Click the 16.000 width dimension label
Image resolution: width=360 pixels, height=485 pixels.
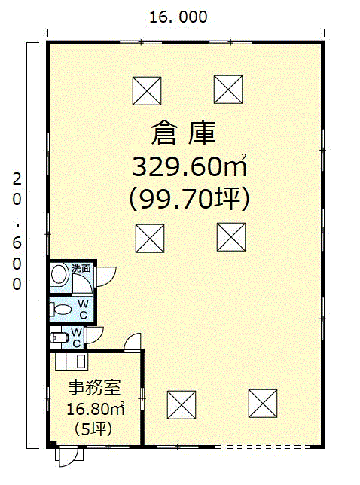[x=178, y=17]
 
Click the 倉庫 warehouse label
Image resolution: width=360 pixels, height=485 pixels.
[x=183, y=133]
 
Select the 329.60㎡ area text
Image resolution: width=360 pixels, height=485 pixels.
[x=190, y=166]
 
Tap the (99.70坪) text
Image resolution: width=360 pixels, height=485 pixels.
[x=189, y=199]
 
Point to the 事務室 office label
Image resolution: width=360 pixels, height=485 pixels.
[x=94, y=386]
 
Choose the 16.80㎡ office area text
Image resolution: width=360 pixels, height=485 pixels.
[x=96, y=409]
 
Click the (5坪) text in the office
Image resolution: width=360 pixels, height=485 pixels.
[x=93, y=429]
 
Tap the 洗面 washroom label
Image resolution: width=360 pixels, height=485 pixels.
[x=81, y=268]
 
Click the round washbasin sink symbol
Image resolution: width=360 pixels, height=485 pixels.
[x=59, y=273]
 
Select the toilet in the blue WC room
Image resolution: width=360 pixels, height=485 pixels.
[x=61, y=310]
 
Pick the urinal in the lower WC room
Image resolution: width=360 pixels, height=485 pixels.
[x=59, y=337]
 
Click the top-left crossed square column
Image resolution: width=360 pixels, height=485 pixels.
[x=147, y=91]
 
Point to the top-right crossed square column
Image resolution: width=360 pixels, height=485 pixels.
[x=228, y=90]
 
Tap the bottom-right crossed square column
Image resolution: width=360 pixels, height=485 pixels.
[x=263, y=404]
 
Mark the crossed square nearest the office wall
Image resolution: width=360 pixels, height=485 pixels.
[x=182, y=405]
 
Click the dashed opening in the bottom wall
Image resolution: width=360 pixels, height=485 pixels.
[x=263, y=447]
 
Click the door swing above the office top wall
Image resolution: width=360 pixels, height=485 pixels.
[x=133, y=342]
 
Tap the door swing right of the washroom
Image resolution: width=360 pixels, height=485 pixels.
[x=106, y=276]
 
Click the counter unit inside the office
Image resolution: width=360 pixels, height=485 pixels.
[x=72, y=361]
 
